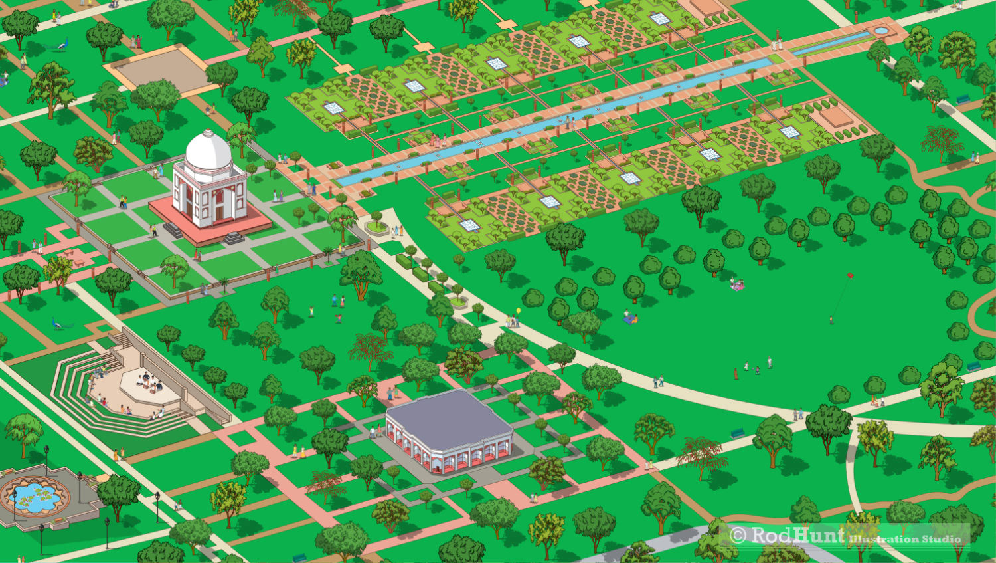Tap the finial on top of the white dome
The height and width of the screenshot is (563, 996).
[x=208, y=132]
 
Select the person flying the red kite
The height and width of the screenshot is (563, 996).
[x=831, y=320]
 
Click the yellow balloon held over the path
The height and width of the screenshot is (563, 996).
[x=519, y=310]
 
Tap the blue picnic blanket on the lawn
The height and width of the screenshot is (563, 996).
[x=629, y=320]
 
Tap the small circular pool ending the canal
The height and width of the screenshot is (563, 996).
[x=880, y=31]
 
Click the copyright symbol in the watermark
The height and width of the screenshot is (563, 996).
[x=737, y=536]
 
